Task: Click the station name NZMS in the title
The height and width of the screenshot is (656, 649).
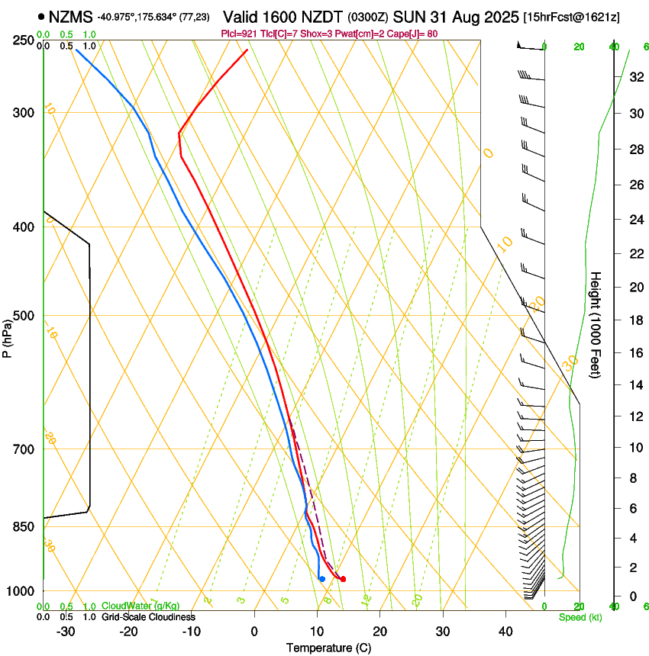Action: click(70, 16)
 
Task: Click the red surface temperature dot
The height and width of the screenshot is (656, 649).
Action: click(343, 579)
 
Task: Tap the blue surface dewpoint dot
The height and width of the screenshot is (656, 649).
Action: click(322, 579)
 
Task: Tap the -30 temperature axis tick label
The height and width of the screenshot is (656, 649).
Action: click(66, 631)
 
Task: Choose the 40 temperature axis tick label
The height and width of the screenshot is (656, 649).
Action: click(505, 631)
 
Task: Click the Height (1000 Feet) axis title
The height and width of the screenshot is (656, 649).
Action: click(596, 324)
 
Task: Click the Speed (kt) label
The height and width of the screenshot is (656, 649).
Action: click(580, 617)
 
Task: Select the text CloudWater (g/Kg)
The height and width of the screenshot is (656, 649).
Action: click(140, 606)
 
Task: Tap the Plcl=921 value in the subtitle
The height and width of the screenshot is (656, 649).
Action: click(238, 34)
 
